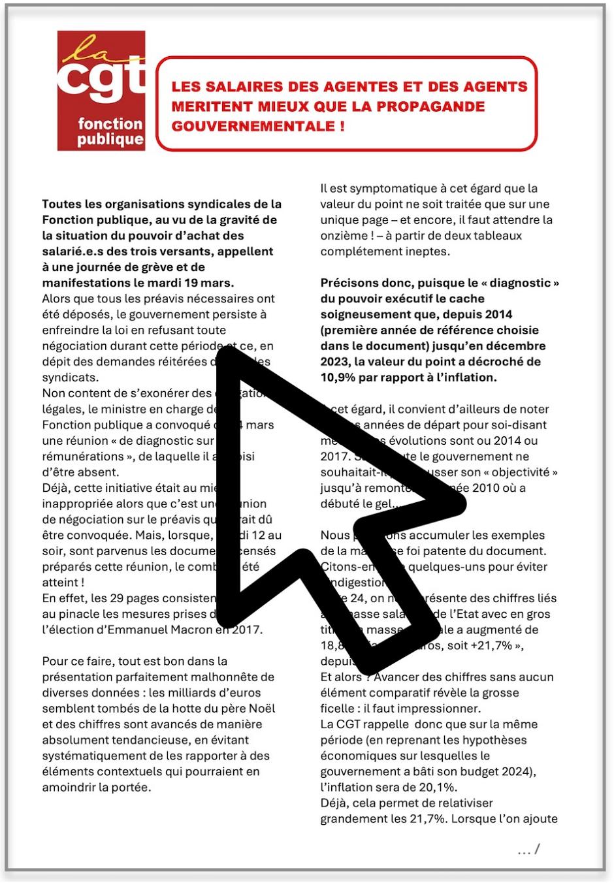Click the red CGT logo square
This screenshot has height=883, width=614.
tap(101, 91)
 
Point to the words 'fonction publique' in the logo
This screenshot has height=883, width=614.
tap(110, 131)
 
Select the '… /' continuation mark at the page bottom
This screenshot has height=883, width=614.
tap(528, 850)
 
